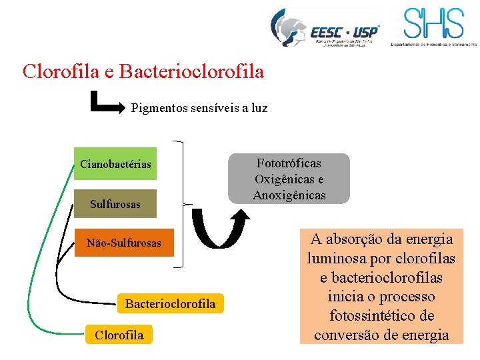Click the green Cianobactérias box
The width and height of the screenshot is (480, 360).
(x=115, y=164)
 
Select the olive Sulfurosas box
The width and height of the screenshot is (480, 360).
(x=115, y=204)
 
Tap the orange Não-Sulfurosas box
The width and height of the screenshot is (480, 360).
(x=123, y=243)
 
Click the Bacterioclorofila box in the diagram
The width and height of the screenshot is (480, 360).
(x=170, y=303)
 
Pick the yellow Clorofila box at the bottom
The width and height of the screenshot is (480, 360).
(x=119, y=335)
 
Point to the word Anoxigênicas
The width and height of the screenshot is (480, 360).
(x=289, y=195)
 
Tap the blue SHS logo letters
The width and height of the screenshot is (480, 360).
(x=433, y=25)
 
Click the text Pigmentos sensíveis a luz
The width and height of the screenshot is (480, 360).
(x=199, y=107)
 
